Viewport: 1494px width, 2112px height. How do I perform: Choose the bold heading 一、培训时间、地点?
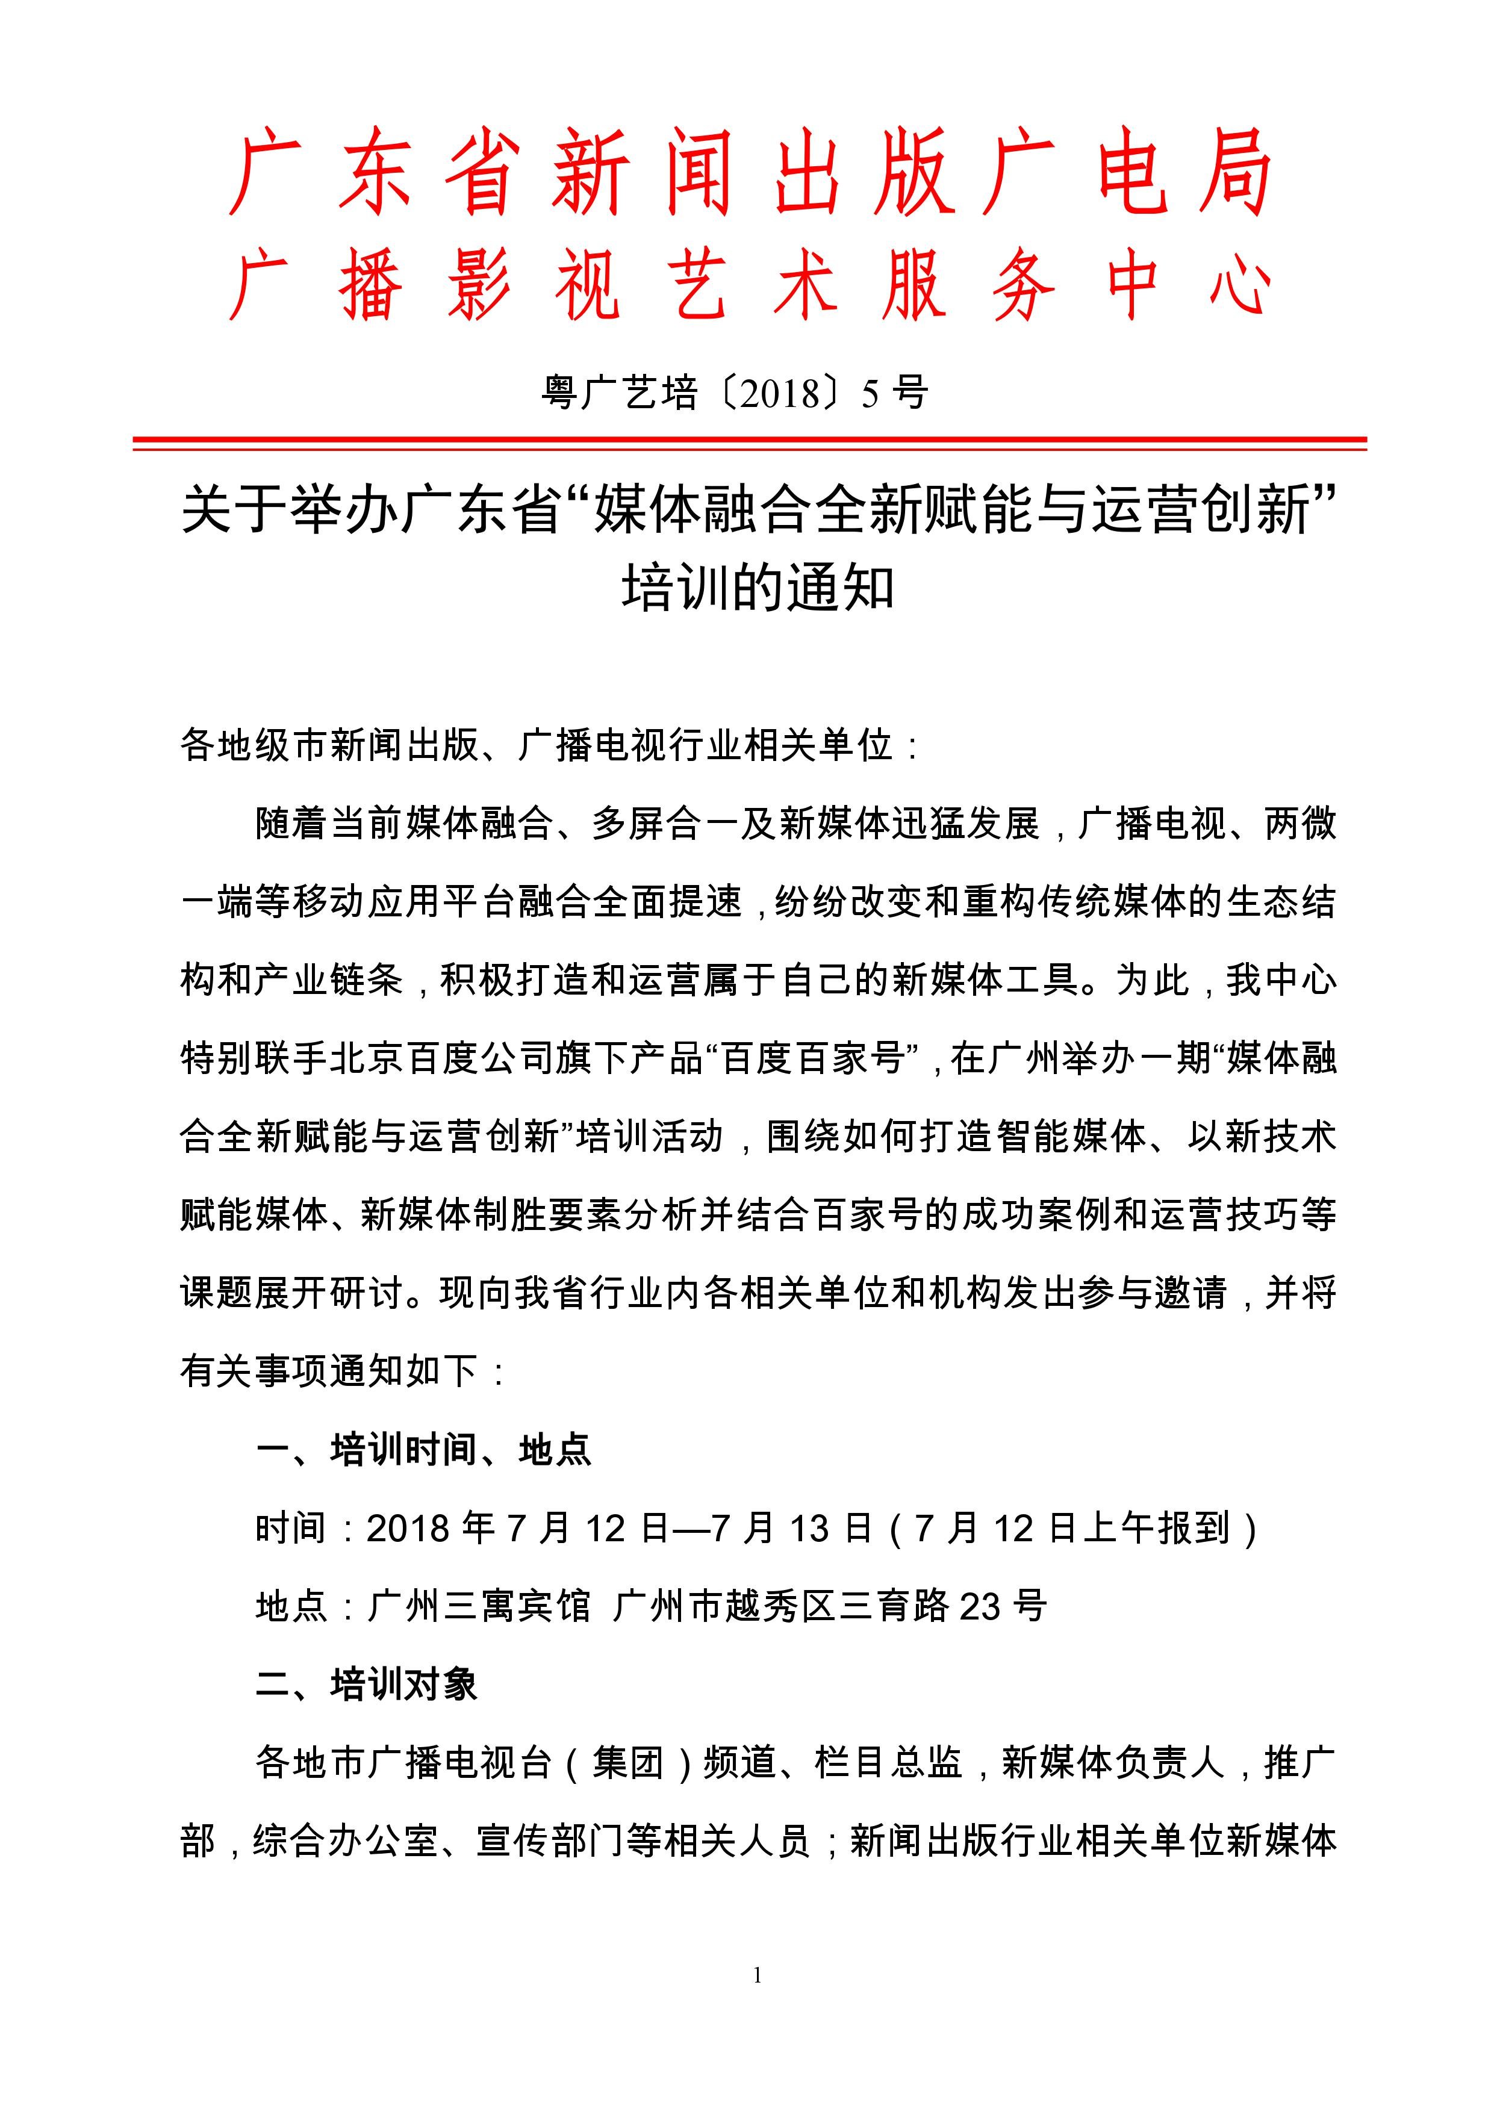pyautogui.click(x=424, y=1450)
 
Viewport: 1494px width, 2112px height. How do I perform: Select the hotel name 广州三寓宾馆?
pyautogui.click(x=478, y=1607)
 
